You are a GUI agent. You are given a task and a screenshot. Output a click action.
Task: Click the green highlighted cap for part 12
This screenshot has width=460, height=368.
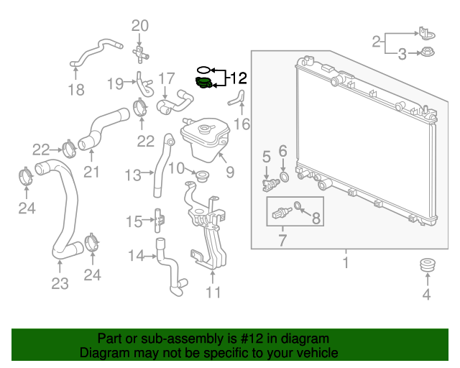point(203,82)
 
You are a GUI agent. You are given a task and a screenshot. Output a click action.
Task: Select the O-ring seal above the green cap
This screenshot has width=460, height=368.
point(204,70)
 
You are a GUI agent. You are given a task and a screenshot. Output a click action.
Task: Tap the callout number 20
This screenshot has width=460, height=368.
point(140,26)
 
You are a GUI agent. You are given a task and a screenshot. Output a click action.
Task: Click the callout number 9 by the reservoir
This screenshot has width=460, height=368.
point(230,172)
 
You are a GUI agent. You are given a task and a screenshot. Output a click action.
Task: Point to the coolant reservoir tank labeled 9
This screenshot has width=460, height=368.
point(205,139)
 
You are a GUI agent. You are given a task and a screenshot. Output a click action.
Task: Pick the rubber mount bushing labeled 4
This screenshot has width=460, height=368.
point(428,266)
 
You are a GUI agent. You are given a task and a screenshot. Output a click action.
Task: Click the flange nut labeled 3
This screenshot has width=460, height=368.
point(428,52)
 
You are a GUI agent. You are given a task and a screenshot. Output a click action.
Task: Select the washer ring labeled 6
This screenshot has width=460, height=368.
point(284,177)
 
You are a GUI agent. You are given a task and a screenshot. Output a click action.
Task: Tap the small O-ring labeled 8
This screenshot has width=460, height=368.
point(297,205)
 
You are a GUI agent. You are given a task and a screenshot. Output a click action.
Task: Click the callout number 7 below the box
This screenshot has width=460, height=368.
point(282,240)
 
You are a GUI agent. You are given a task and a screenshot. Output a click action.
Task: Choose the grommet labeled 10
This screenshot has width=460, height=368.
point(202,176)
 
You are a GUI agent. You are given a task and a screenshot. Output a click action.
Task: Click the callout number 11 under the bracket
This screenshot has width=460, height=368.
point(213,293)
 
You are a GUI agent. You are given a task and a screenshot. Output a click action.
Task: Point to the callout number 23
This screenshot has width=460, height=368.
point(60,283)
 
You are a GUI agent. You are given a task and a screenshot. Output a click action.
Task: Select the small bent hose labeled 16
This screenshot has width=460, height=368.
point(236,98)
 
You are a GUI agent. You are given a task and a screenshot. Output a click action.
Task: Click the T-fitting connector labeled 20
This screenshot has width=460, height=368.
point(141,54)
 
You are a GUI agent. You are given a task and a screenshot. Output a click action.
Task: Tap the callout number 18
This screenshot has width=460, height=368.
point(76,90)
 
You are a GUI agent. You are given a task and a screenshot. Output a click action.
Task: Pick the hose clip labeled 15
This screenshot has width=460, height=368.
point(160,220)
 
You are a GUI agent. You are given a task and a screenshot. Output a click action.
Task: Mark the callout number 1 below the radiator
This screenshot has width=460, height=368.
point(346,262)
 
